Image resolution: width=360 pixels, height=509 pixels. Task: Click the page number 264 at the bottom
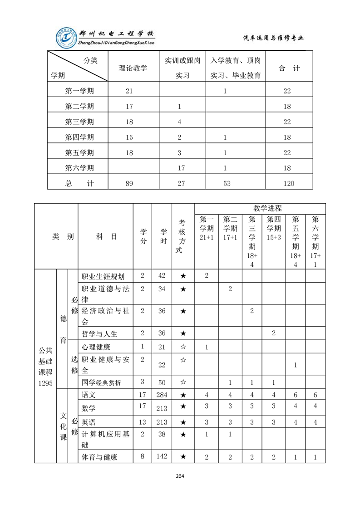[x=180, y=476]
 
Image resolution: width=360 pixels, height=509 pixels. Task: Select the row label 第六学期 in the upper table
[x=79, y=168]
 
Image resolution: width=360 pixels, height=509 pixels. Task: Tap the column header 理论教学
[x=133, y=69]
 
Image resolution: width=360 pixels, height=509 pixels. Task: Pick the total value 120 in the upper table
[x=288, y=183]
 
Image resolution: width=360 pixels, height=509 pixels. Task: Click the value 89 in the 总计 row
[x=129, y=183]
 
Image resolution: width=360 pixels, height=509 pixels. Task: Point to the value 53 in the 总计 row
[x=225, y=183]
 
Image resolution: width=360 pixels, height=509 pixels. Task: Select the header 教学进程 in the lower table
[x=267, y=208]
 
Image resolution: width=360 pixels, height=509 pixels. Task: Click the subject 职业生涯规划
[x=103, y=276]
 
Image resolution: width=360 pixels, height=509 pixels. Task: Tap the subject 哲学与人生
[x=99, y=333]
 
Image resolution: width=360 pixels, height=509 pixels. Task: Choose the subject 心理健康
[x=96, y=347]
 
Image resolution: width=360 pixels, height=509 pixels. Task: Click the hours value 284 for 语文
[x=162, y=395]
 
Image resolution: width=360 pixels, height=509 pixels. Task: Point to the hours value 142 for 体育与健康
[x=162, y=456]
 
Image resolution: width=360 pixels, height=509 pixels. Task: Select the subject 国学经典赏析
[x=101, y=382]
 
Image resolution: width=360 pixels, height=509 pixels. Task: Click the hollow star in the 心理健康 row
[x=183, y=347]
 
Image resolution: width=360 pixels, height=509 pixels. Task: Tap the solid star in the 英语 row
[x=183, y=422]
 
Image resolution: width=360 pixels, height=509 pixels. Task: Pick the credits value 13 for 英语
[x=142, y=422]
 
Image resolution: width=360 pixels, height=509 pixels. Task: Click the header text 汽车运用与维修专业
[x=273, y=38]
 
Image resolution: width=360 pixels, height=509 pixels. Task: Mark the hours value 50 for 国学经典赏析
[x=162, y=382]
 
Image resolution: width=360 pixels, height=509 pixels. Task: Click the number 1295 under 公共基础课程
[x=45, y=383]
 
